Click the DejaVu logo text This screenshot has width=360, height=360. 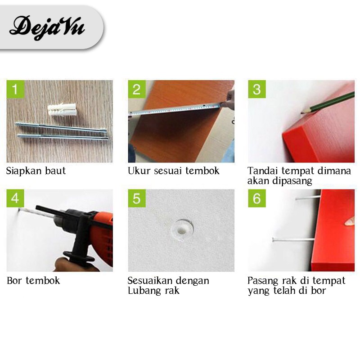(x=47, y=27)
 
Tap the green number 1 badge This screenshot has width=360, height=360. (x=15, y=89)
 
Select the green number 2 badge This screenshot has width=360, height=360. (x=137, y=89)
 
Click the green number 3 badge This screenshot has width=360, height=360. (x=257, y=89)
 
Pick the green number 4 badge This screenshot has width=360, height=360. (x=15, y=198)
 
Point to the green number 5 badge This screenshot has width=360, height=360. (x=137, y=198)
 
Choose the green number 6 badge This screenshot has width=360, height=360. (x=257, y=198)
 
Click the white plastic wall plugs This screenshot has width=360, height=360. (x=62, y=109)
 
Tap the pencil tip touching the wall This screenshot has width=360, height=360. (x=302, y=113)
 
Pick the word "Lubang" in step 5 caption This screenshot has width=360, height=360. (x=143, y=291)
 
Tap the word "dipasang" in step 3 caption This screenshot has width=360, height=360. (x=292, y=181)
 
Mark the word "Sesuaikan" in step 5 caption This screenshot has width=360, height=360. (x=149, y=280)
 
